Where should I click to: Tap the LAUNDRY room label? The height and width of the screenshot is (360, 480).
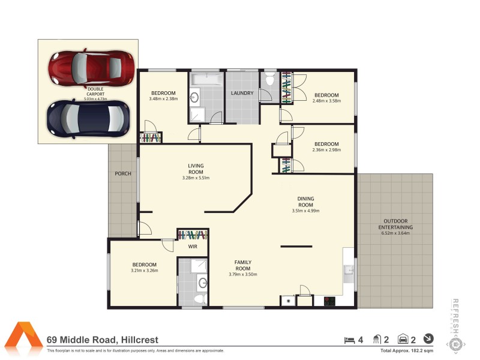tap(242, 93)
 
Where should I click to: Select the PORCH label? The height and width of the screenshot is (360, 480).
tap(123, 174)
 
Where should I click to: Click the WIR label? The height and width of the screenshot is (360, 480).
tap(193, 246)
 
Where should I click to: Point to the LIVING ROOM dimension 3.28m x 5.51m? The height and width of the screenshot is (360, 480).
tap(196, 178)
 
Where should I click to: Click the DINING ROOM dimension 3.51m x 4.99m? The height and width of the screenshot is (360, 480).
tap(305, 211)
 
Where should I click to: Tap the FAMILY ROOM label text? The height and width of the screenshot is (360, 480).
tap(242, 265)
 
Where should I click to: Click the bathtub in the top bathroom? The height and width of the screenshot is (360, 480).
tap(206, 79)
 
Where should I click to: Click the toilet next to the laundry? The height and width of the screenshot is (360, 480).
tap(269, 79)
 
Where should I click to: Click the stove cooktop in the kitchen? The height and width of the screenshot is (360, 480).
tap(329, 302)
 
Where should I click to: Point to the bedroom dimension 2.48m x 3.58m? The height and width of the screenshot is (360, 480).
tap(326, 101)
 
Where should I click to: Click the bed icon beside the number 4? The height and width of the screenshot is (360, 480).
tap(349, 340)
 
